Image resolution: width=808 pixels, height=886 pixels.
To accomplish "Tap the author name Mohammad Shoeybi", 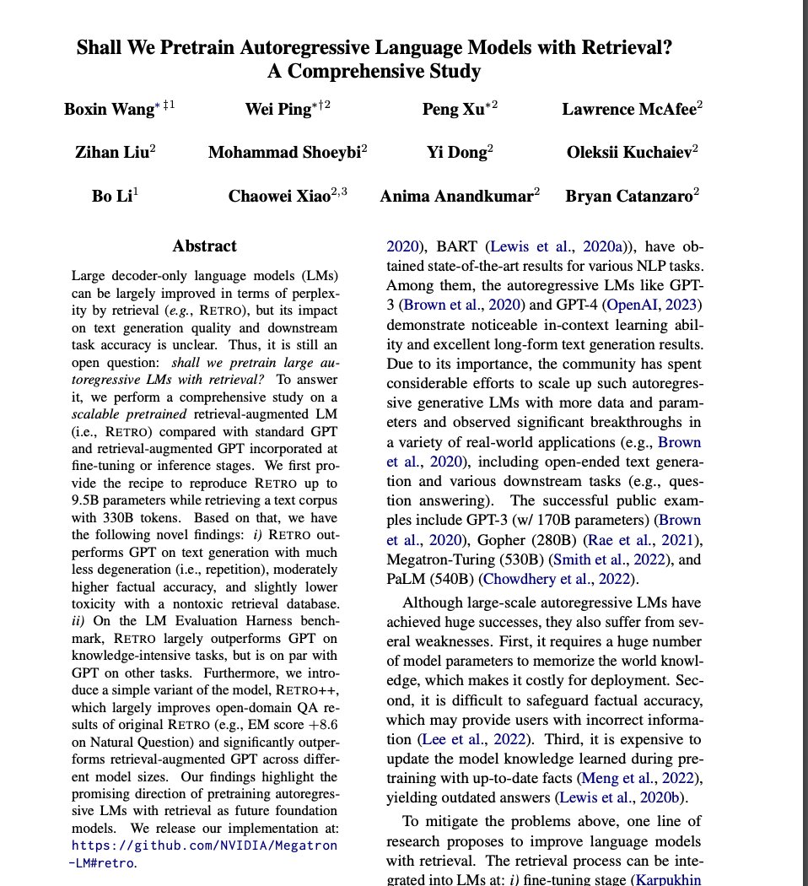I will point(283,153).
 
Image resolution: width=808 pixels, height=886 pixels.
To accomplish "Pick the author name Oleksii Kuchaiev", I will point(628,153).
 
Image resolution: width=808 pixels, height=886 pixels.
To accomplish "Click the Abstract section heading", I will point(204,246).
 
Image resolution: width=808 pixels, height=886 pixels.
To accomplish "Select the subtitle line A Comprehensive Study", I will point(374,71).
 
